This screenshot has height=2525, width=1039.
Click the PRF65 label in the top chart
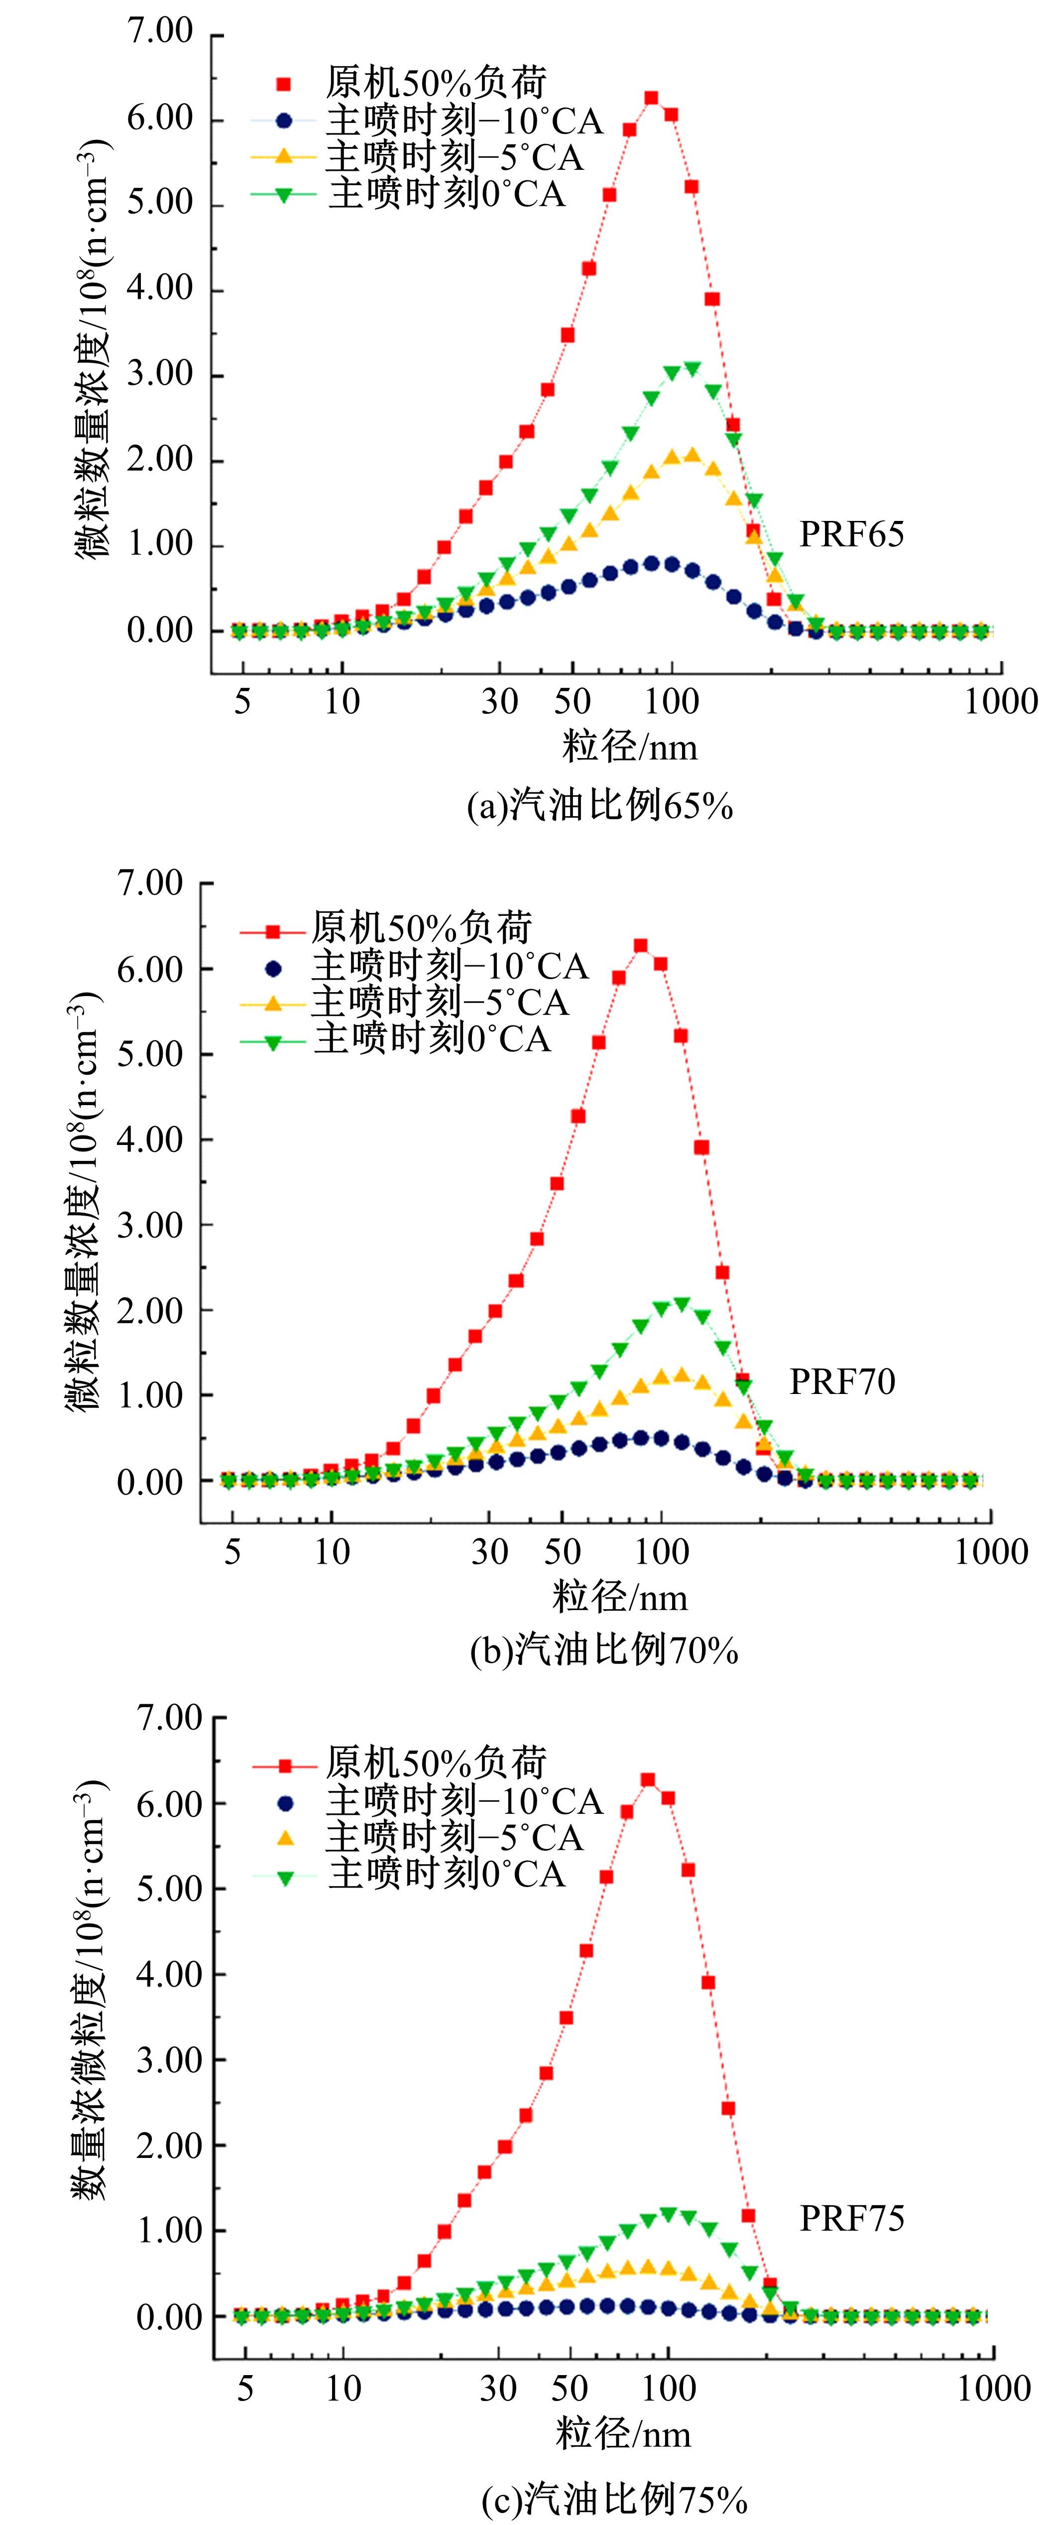pyautogui.click(x=851, y=534)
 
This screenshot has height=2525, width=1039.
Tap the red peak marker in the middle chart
pyautogui.click(x=640, y=946)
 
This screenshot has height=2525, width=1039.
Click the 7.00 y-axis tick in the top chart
pyautogui.click(x=160, y=32)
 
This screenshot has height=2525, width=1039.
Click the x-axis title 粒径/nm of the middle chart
pyautogui.click(x=619, y=1598)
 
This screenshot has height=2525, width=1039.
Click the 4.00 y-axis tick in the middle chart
pyautogui.click(x=150, y=1140)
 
